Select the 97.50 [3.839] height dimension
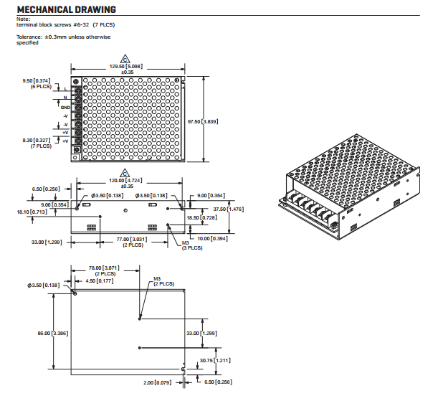(204, 121)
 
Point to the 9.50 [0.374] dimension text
(37, 80)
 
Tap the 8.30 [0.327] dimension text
(37, 140)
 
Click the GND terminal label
(65, 106)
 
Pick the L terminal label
(66, 88)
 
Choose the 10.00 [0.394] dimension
(213, 238)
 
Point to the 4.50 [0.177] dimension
(100, 281)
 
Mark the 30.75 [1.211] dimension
(214, 360)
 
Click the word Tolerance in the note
(27, 37)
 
